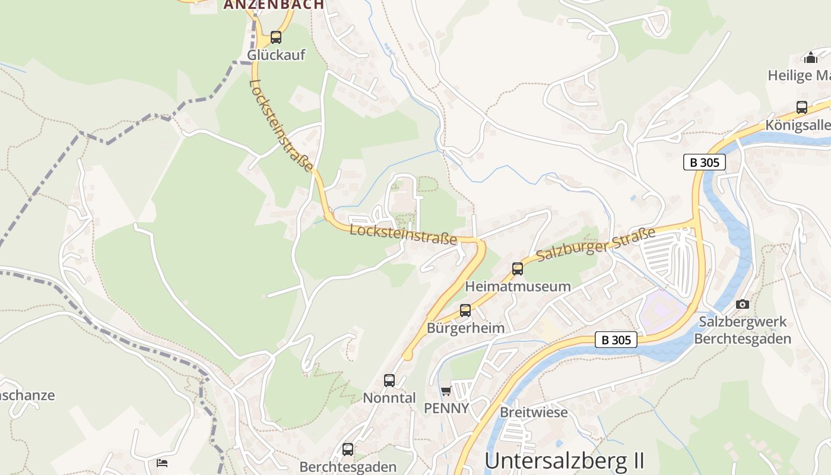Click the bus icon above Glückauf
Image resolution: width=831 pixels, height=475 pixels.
276,37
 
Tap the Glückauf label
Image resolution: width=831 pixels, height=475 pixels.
276,55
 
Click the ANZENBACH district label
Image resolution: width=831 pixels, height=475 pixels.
274,5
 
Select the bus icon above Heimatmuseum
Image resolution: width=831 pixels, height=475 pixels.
518,269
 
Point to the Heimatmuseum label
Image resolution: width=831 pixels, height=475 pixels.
518,287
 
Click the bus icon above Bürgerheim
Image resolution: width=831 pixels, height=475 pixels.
465,310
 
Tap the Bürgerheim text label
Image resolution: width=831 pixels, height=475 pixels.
465,328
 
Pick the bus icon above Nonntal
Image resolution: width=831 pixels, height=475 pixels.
389,381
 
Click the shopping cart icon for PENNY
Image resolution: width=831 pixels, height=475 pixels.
446,391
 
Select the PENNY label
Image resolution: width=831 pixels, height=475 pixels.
446,408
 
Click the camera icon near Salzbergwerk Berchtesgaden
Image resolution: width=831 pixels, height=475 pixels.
742,304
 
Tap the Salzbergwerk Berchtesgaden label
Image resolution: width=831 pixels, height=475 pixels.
743,330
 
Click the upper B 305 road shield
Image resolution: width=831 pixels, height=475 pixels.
705,162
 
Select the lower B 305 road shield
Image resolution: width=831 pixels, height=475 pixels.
617,340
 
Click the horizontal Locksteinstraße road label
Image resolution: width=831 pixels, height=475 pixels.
403,234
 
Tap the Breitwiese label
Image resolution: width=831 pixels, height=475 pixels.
534,412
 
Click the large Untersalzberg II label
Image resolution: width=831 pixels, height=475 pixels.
564,461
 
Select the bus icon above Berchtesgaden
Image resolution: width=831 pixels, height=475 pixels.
348,449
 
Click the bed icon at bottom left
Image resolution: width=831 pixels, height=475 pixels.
162,463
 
